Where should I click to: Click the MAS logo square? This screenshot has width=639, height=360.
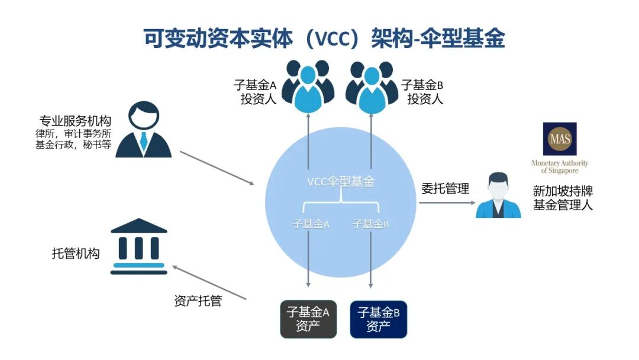559,139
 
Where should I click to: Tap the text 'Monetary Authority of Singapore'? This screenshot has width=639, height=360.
560,167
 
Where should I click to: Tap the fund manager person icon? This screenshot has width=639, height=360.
499,195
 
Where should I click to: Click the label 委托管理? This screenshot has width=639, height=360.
445,189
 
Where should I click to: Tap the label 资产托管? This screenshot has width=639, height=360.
198,301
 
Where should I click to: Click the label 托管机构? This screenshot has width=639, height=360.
76,254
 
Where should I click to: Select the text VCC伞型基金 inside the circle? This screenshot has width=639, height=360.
340,182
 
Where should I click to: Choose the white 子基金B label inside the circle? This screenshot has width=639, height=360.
370,224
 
